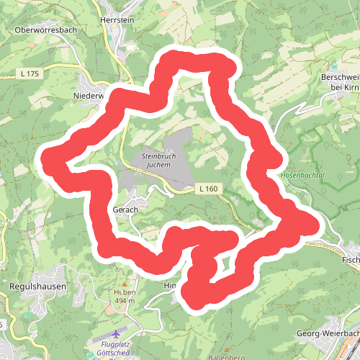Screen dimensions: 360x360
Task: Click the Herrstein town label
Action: pos(117,22)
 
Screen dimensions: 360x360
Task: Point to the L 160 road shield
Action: pos(207,189)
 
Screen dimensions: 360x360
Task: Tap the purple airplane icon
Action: pos(117,335)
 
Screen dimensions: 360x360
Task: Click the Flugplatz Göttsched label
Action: pos(114,349)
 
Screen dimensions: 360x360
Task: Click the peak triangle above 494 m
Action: pos(122,284)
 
